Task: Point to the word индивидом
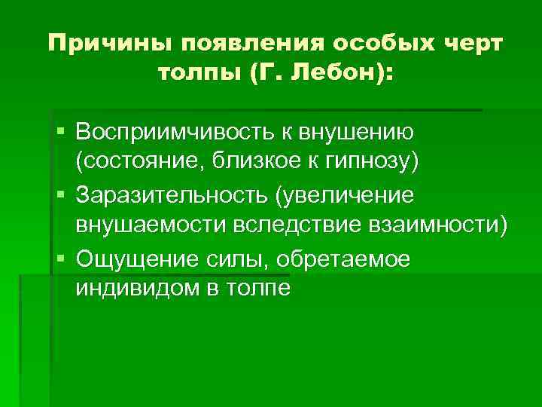coord(131,289)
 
